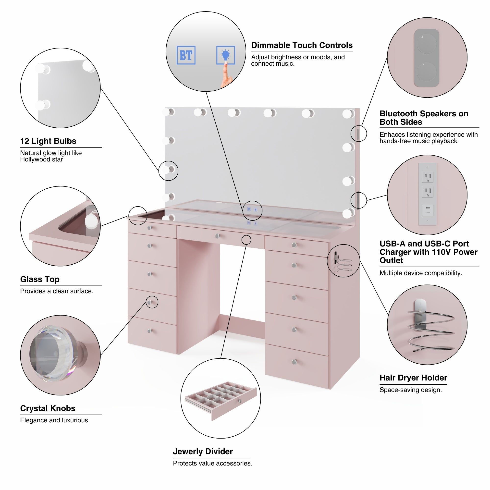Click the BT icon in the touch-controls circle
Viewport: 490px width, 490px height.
coord(186,55)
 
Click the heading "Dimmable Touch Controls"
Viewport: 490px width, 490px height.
coord(302,45)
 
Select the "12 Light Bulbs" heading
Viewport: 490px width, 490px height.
coord(48,141)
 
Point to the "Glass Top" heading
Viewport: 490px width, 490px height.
coord(40,279)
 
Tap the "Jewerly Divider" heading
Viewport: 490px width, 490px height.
coord(203,452)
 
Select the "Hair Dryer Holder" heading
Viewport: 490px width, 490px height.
coord(413,378)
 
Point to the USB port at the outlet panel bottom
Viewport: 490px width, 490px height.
coord(428,210)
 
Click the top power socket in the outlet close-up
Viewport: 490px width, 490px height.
coord(428,177)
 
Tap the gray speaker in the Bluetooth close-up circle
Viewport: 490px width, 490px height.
coord(426,58)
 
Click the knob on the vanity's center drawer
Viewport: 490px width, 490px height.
coord(217,236)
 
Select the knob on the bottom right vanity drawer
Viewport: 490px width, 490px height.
coord(294,362)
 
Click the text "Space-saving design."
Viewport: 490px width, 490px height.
coord(410,390)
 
